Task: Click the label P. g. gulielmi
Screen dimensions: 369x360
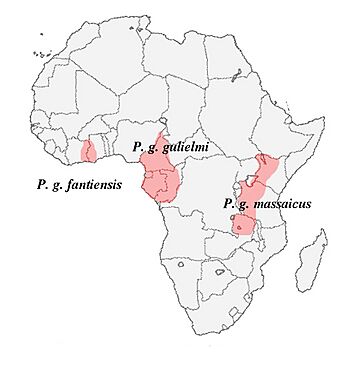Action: click(175, 147)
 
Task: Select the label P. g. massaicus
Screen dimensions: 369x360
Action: click(268, 204)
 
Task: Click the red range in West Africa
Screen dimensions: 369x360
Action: click(89, 151)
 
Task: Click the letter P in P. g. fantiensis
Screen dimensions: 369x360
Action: click(40, 185)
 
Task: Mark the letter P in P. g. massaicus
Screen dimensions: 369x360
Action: click(230, 204)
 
